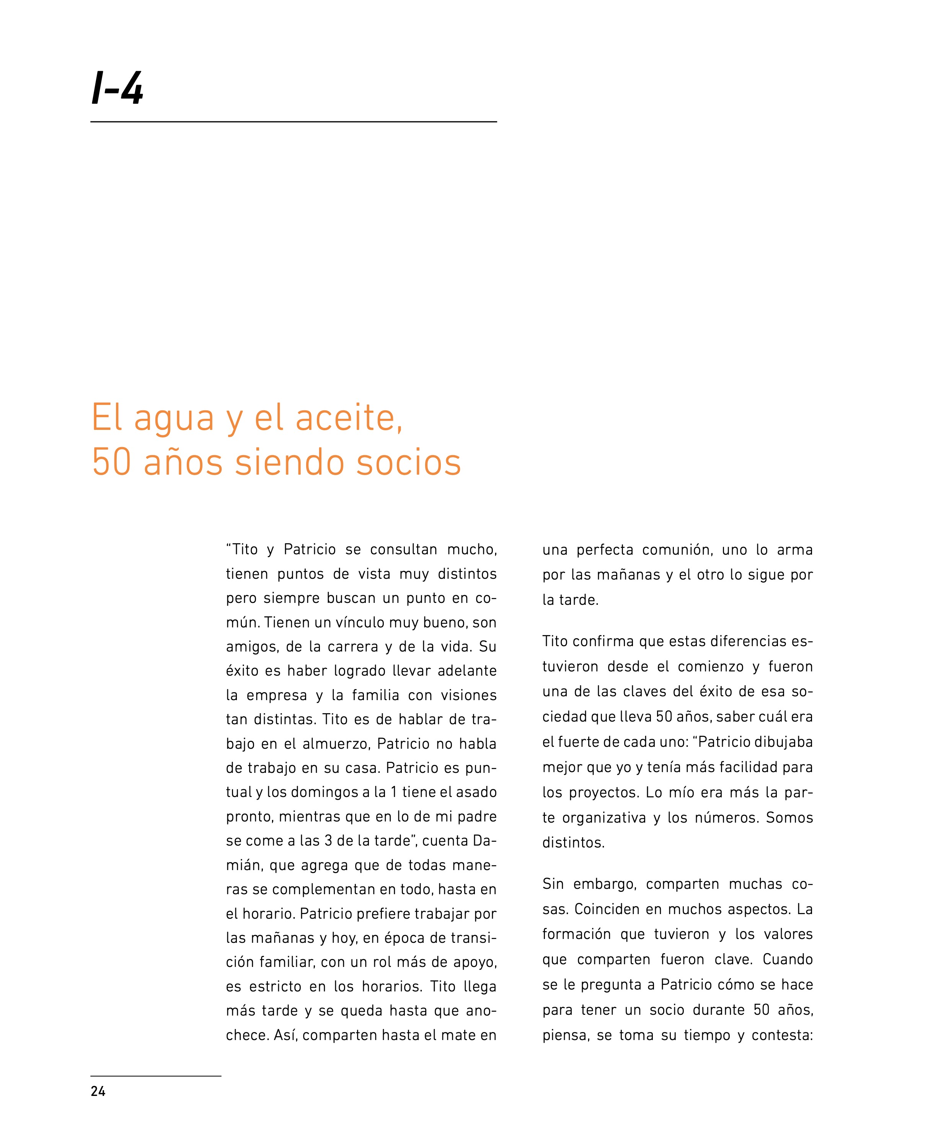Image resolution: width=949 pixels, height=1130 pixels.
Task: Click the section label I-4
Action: pos(117,89)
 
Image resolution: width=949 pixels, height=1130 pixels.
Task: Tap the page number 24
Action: pos(98,1091)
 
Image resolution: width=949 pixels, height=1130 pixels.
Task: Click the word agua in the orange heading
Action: pos(174,418)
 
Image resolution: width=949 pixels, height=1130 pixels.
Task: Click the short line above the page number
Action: pos(156,1076)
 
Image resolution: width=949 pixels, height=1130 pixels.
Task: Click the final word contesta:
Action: pos(782,1035)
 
